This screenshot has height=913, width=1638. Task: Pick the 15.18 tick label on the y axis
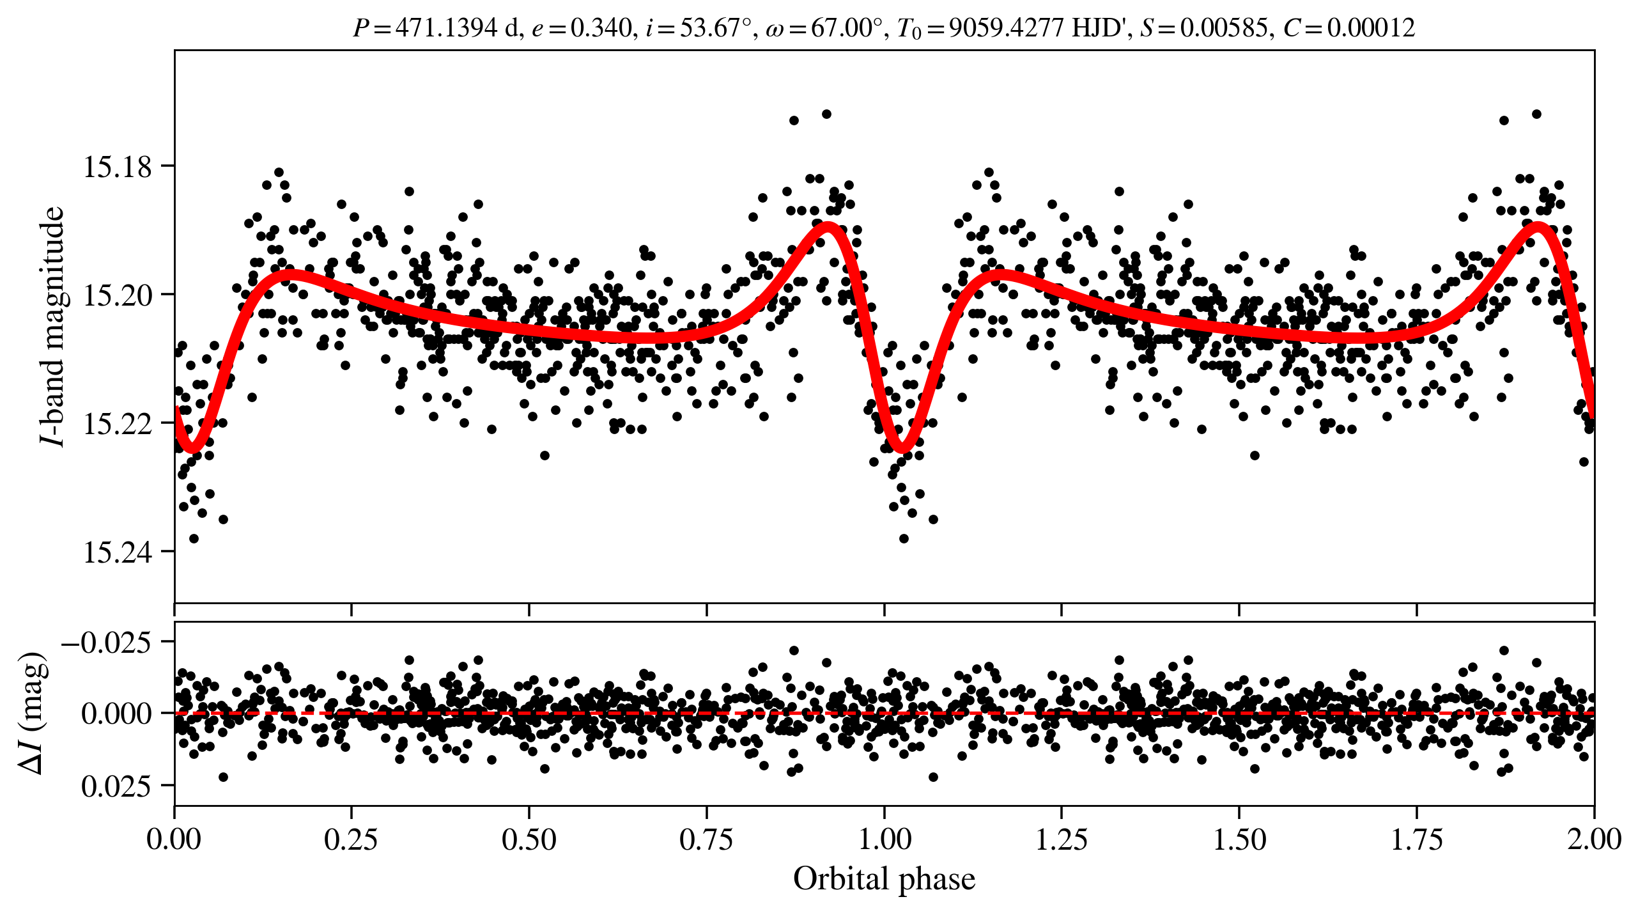[118, 167]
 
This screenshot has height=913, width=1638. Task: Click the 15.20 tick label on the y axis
[118, 295]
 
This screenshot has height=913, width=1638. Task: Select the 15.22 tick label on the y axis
[118, 424]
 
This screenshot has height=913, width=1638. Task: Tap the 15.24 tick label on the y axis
[118, 552]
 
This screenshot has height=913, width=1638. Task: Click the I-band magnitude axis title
[52, 326]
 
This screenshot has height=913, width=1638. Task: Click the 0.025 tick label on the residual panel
[116, 786]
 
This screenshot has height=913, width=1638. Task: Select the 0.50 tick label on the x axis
[529, 839]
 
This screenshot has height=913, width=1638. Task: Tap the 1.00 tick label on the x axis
[884, 839]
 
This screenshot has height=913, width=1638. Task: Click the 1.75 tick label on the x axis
[1417, 839]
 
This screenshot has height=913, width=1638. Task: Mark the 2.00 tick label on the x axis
[1594, 839]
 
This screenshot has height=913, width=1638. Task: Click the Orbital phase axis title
[884, 879]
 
